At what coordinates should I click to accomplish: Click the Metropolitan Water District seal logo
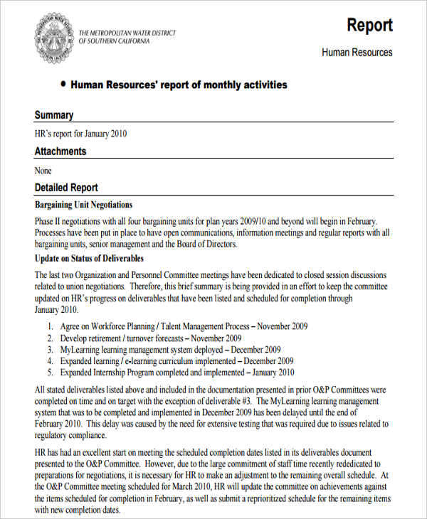coord(53,36)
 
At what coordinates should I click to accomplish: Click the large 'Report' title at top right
coord(369,26)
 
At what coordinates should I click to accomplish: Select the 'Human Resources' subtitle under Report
coord(357,52)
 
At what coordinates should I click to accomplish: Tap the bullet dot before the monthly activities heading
coord(63,84)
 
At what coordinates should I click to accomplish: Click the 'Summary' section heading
coord(54,115)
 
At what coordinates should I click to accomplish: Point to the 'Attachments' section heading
coord(60,151)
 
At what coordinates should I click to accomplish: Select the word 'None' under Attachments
coord(43,170)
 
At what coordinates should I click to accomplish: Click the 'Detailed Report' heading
coord(66,188)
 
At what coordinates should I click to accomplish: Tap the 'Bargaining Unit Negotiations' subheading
coord(83,205)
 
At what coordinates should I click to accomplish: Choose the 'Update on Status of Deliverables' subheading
coord(89,258)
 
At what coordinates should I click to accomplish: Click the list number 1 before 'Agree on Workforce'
coord(50,326)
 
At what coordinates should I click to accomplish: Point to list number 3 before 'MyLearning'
coord(50,350)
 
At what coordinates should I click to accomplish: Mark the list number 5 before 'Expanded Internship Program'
coord(50,372)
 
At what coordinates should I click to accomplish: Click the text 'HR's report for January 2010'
coord(81,133)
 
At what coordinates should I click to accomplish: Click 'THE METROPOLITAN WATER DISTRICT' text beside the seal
coord(127,33)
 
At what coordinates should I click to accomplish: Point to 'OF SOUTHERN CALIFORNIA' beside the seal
coord(114,41)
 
